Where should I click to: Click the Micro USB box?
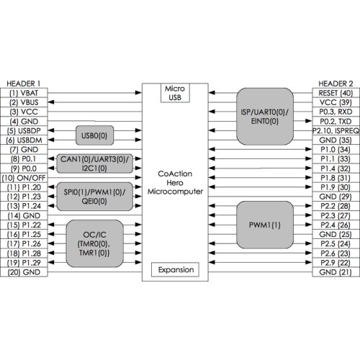tap(175, 93)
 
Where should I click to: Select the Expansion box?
tap(175, 269)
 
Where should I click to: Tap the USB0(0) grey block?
tap(94, 135)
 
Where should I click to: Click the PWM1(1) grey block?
tap(265, 225)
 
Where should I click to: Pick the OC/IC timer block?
tap(94, 243)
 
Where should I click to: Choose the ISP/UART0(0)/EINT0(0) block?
tap(265, 117)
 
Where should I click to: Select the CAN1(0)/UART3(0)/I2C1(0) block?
tap(94, 163)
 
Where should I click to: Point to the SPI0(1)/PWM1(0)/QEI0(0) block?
tap(94, 197)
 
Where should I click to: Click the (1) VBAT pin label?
tap(24, 93)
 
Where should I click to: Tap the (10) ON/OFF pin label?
tap(24, 178)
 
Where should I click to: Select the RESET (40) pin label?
tap(336, 93)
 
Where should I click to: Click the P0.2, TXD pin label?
tap(336, 122)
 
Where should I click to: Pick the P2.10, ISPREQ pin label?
tap(336, 131)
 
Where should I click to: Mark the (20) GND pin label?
tap(24, 272)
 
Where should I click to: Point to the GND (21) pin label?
tap(336, 272)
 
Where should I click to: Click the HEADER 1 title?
tap(24, 84)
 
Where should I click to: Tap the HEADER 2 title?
tap(336, 84)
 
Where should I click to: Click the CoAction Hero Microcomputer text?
tap(175, 183)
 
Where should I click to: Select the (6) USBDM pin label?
tap(24, 140)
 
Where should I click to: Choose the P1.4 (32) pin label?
tap(336, 168)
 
